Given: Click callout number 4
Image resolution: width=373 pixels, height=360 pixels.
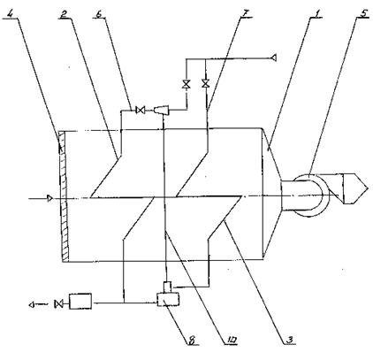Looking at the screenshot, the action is coord(11,13).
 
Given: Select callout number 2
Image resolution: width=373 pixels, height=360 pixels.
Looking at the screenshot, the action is coord(63,13).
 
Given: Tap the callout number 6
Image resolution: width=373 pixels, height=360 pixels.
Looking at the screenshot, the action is coord(100,13).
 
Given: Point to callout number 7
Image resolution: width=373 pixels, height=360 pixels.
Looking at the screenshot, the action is coord(246,13).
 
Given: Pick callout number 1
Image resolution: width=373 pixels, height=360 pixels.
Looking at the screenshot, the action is coord(316,13).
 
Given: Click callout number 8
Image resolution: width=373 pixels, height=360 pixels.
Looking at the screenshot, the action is coord(192,340).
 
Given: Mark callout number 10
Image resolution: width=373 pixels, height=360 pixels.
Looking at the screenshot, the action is coord(231,340).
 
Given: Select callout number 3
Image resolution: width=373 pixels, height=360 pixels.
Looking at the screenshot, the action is coord(290,340).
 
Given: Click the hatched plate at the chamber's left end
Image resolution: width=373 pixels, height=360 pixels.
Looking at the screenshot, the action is coord(64,196).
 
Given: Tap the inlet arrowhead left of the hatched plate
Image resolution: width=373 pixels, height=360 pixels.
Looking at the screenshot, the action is coord(50,198).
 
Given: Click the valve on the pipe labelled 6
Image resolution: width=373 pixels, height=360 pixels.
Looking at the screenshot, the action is coord(140,111).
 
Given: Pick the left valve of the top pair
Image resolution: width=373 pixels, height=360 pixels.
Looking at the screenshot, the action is coord(186,84).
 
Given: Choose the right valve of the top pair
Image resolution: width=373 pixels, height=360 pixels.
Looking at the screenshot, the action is coord(205,84).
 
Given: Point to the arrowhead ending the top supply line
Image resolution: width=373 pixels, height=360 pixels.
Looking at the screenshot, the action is coord(274,57).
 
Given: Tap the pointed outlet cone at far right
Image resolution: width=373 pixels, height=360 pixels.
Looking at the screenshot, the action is coord(355,188).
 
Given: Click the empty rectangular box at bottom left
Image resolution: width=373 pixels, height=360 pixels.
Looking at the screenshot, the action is coord(80,301).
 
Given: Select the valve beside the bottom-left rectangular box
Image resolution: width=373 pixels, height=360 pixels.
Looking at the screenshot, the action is coord(58,303).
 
